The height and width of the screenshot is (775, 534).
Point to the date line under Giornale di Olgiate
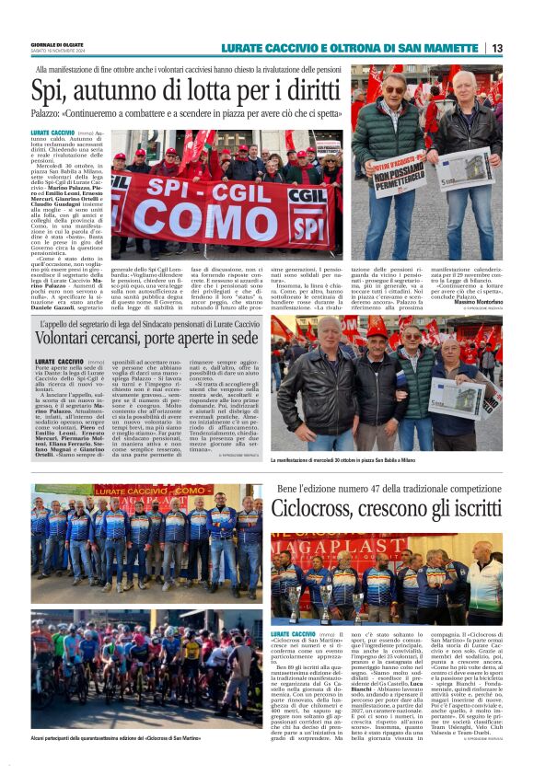[58, 52]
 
